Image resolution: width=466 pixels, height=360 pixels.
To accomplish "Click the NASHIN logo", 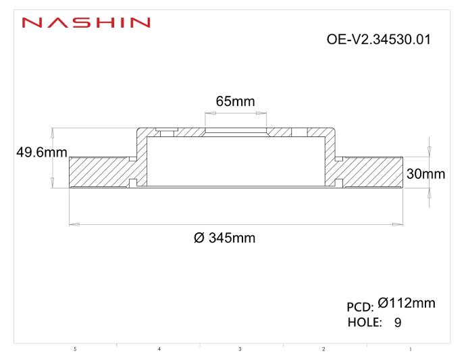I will click(86, 23).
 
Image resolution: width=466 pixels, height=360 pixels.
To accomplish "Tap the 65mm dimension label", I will click(235, 102).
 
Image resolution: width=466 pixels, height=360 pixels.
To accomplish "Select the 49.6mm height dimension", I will click(41, 153).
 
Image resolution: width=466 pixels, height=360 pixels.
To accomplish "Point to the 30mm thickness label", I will click(425, 174).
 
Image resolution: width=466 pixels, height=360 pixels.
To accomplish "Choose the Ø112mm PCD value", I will click(406, 304).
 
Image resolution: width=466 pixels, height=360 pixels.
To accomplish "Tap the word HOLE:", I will click(365, 322).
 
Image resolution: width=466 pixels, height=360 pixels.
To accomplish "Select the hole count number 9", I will click(398, 322).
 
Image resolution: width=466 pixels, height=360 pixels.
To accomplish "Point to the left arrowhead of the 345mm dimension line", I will click(74, 224).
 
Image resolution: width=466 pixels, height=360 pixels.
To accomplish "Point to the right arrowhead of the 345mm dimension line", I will click(399, 224).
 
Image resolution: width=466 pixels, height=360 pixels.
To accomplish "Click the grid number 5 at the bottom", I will click(75, 349).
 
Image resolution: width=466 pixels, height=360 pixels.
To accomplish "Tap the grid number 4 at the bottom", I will click(159, 349).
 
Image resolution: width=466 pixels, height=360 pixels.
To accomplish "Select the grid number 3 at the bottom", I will click(240, 349).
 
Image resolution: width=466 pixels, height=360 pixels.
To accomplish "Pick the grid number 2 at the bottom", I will click(323, 349).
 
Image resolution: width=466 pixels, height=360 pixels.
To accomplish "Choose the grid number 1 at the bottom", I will click(410, 349).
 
